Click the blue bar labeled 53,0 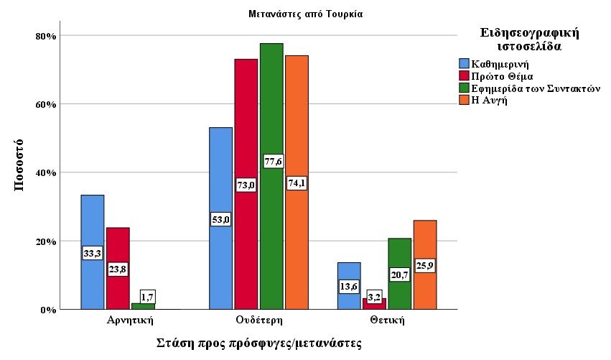tap(220, 180)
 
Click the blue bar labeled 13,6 tap(348, 273)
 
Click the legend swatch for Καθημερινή tap(464, 64)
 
